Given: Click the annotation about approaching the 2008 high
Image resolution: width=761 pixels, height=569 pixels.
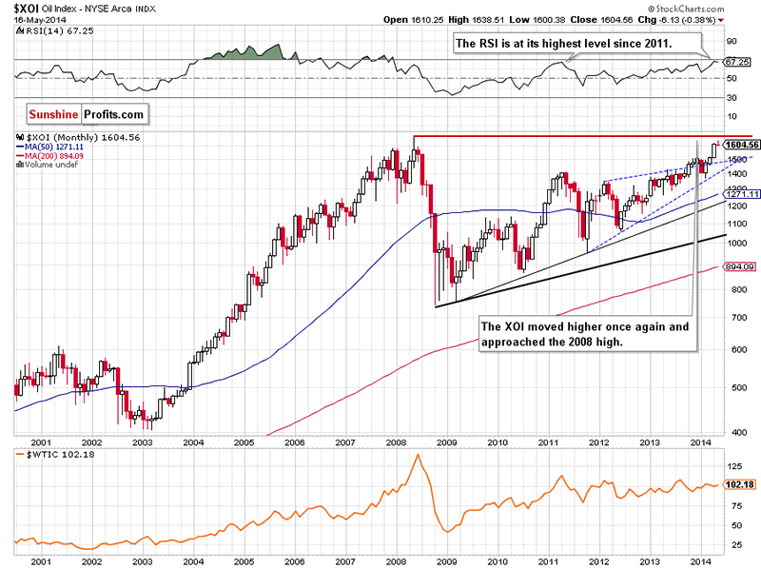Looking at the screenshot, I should pos(584,333).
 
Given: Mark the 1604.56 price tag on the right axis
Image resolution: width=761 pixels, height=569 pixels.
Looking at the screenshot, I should pos(741,145).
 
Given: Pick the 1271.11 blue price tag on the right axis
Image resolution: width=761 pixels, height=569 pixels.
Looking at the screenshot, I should pos(741,194).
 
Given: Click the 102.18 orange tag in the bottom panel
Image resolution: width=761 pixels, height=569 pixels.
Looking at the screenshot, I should pos(738,485).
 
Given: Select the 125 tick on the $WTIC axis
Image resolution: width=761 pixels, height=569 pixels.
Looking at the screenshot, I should pos(733,467).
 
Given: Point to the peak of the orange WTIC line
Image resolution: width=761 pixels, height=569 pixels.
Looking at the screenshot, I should pos(417,455).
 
